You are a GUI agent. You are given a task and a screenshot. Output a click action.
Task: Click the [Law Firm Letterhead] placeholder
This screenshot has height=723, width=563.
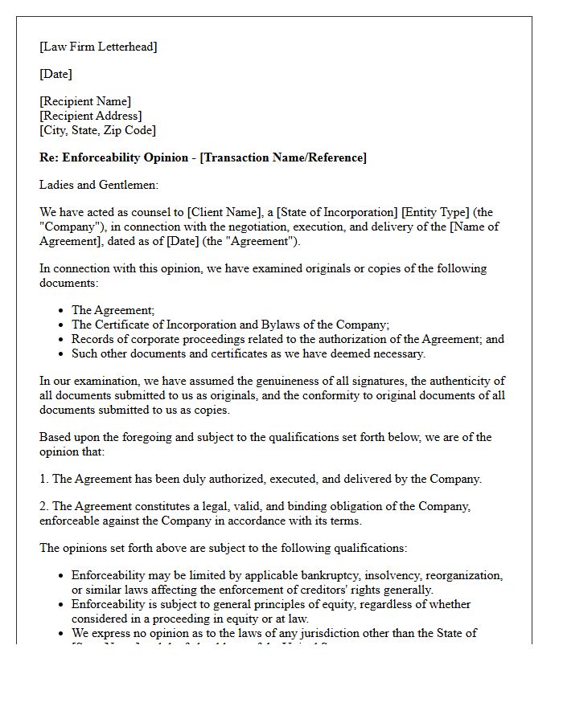[98, 47]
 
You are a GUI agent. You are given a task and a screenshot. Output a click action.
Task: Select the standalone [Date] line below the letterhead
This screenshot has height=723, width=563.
[55, 74]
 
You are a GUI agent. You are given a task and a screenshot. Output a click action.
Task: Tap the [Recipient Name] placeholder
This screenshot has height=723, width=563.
[85, 101]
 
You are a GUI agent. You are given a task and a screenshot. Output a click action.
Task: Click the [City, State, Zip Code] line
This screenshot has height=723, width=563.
[97, 129]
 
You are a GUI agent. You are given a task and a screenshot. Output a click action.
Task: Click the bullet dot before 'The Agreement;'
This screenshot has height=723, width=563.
[62, 310]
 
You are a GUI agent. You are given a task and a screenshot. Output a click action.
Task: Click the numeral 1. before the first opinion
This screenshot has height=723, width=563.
[44, 479]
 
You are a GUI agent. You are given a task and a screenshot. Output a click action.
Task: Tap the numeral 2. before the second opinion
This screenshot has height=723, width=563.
[44, 506]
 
